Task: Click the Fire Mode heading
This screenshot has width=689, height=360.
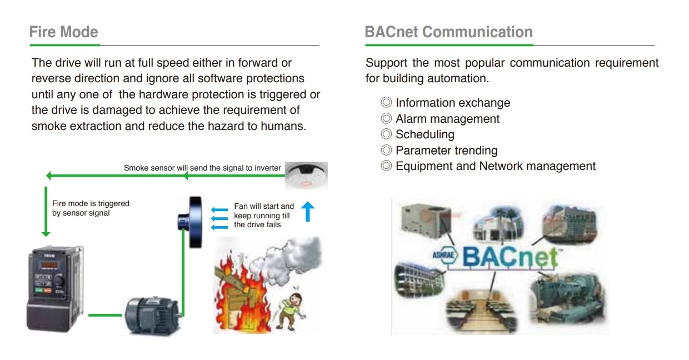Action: point(64,32)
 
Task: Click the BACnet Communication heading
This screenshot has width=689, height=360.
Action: point(449,32)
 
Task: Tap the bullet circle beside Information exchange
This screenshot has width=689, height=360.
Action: point(386,102)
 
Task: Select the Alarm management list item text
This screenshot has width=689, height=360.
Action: point(447,119)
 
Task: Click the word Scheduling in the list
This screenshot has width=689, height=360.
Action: point(425,134)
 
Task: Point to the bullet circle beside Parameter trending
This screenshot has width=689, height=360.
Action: point(386,150)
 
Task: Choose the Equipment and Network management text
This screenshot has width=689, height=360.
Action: point(496,166)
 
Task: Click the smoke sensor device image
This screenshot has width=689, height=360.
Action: point(306,175)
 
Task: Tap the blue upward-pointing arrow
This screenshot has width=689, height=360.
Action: point(308,212)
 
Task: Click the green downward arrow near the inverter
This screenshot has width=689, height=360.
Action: point(46,212)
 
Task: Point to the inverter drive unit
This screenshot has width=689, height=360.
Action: point(56,288)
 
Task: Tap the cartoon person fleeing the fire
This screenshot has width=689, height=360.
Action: point(291,311)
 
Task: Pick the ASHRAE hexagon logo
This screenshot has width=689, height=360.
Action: point(446,255)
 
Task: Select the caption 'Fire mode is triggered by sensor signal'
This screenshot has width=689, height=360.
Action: point(91,208)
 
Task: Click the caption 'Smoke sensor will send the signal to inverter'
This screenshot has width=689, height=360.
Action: point(202,168)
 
